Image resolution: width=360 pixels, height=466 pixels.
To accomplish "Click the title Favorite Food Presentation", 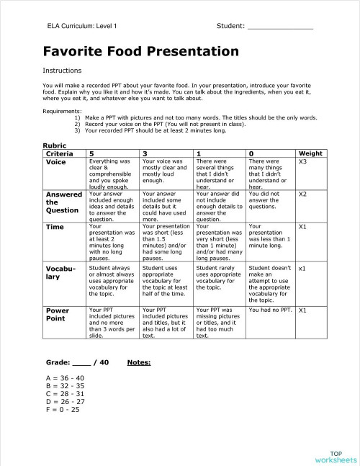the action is click(140, 52).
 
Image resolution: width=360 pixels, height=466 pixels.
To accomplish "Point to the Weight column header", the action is click(310, 153).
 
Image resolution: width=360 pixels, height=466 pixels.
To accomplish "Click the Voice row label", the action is click(56, 162).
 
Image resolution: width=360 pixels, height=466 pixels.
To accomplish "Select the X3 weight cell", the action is click(303, 162).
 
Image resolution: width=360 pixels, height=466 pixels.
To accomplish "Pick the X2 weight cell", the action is click(303, 194).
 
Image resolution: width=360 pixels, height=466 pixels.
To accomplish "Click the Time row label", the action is click(55, 227).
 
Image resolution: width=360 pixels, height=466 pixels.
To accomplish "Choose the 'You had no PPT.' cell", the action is click(269, 310).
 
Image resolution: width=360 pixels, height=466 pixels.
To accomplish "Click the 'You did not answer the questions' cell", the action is click(269, 199).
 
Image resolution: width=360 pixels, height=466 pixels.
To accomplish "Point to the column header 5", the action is click(91, 153).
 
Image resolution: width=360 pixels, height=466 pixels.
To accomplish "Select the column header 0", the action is click(250, 153).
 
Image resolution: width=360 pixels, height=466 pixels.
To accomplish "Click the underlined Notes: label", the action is click(139, 362).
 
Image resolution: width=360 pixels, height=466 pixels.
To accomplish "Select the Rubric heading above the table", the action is click(55, 145).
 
